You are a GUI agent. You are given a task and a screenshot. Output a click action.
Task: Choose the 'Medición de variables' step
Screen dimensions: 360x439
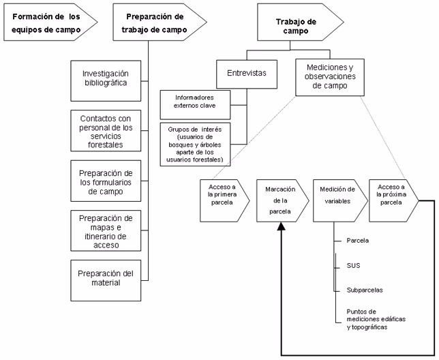pyautogui.click(x=334, y=200)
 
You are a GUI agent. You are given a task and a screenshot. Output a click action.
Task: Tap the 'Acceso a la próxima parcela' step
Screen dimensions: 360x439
pyautogui.click(x=389, y=200)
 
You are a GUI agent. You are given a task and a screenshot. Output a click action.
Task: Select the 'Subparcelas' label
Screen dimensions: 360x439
pyautogui.click(x=365, y=290)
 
